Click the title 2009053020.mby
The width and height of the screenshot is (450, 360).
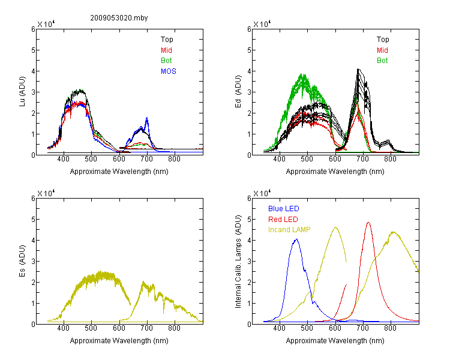(x=119, y=18)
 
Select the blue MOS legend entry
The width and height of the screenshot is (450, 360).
(x=169, y=71)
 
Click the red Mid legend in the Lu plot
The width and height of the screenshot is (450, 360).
(x=166, y=50)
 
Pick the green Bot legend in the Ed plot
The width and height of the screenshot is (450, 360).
(x=382, y=61)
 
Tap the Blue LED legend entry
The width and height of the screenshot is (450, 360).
(x=284, y=209)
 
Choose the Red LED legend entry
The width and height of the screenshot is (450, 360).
(x=283, y=220)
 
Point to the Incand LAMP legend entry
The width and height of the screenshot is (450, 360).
(x=289, y=230)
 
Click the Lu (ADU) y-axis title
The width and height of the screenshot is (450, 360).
(x=22, y=91)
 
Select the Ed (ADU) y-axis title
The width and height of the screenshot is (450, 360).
(x=238, y=92)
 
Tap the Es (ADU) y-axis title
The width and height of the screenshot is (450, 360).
(x=22, y=261)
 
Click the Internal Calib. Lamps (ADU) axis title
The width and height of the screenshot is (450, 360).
(x=238, y=262)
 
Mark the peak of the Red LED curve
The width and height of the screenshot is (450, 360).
(x=368, y=222)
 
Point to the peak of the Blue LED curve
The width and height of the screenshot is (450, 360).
(x=297, y=239)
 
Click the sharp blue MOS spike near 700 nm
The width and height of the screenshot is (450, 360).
(x=147, y=118)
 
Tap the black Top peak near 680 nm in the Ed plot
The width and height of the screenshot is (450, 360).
(x=358, y=69)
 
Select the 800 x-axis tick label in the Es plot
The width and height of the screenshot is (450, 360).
(x=174, y=328)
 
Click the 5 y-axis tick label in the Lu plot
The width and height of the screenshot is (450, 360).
(x=33, y=50)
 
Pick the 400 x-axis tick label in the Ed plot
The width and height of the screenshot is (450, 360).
(x=279, y=159)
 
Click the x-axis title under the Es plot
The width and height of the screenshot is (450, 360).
(x=119, y=341)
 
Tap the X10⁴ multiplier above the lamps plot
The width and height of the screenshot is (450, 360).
(x=262, y=193)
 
